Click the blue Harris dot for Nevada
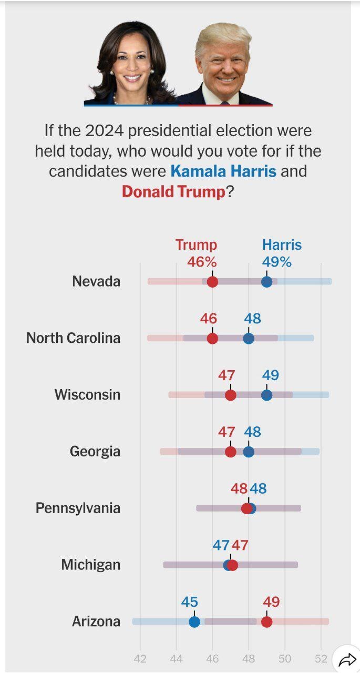(x=267, y=281)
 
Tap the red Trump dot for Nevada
(x=212, y=281)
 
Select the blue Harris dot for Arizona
(x=194, y=621)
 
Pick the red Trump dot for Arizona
(x=267, y=621)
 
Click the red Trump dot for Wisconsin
(x=231, y=395)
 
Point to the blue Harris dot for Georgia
(x=249, y=452)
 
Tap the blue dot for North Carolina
(x=249, y=338)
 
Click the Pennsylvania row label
(x=78, y=508)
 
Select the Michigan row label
(x=90, y=565)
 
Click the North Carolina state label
(x=73, y=338)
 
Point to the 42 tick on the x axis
(x=140, y=659)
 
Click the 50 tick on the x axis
(x=285, y=659)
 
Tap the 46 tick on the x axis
(x=212, y=659)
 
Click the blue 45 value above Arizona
(x=190, y=602)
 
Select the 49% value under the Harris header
(x=277, y=262)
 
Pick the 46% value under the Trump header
(x=202, y=262)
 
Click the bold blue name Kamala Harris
(x=223, y=171)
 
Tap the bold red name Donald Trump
(x=173, y=191)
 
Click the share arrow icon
(x=347, y=660)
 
